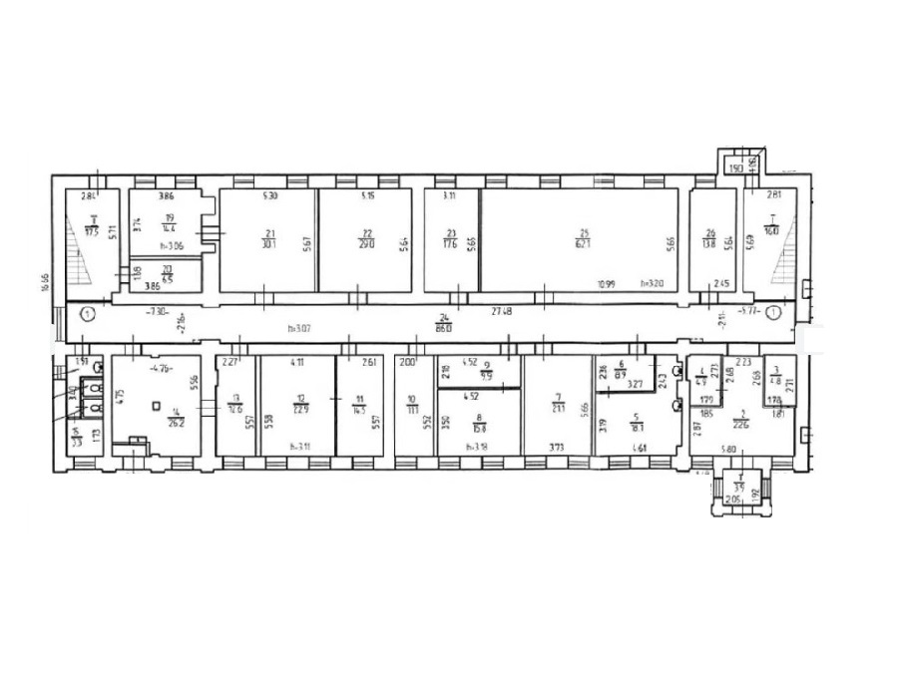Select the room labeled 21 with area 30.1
(x=268, y=239)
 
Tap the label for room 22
(x=365, y=239)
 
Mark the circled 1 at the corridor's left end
(x=88, y=314)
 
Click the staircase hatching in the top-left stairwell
(x=75, y=244)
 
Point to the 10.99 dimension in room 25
(x=607, y=284)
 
